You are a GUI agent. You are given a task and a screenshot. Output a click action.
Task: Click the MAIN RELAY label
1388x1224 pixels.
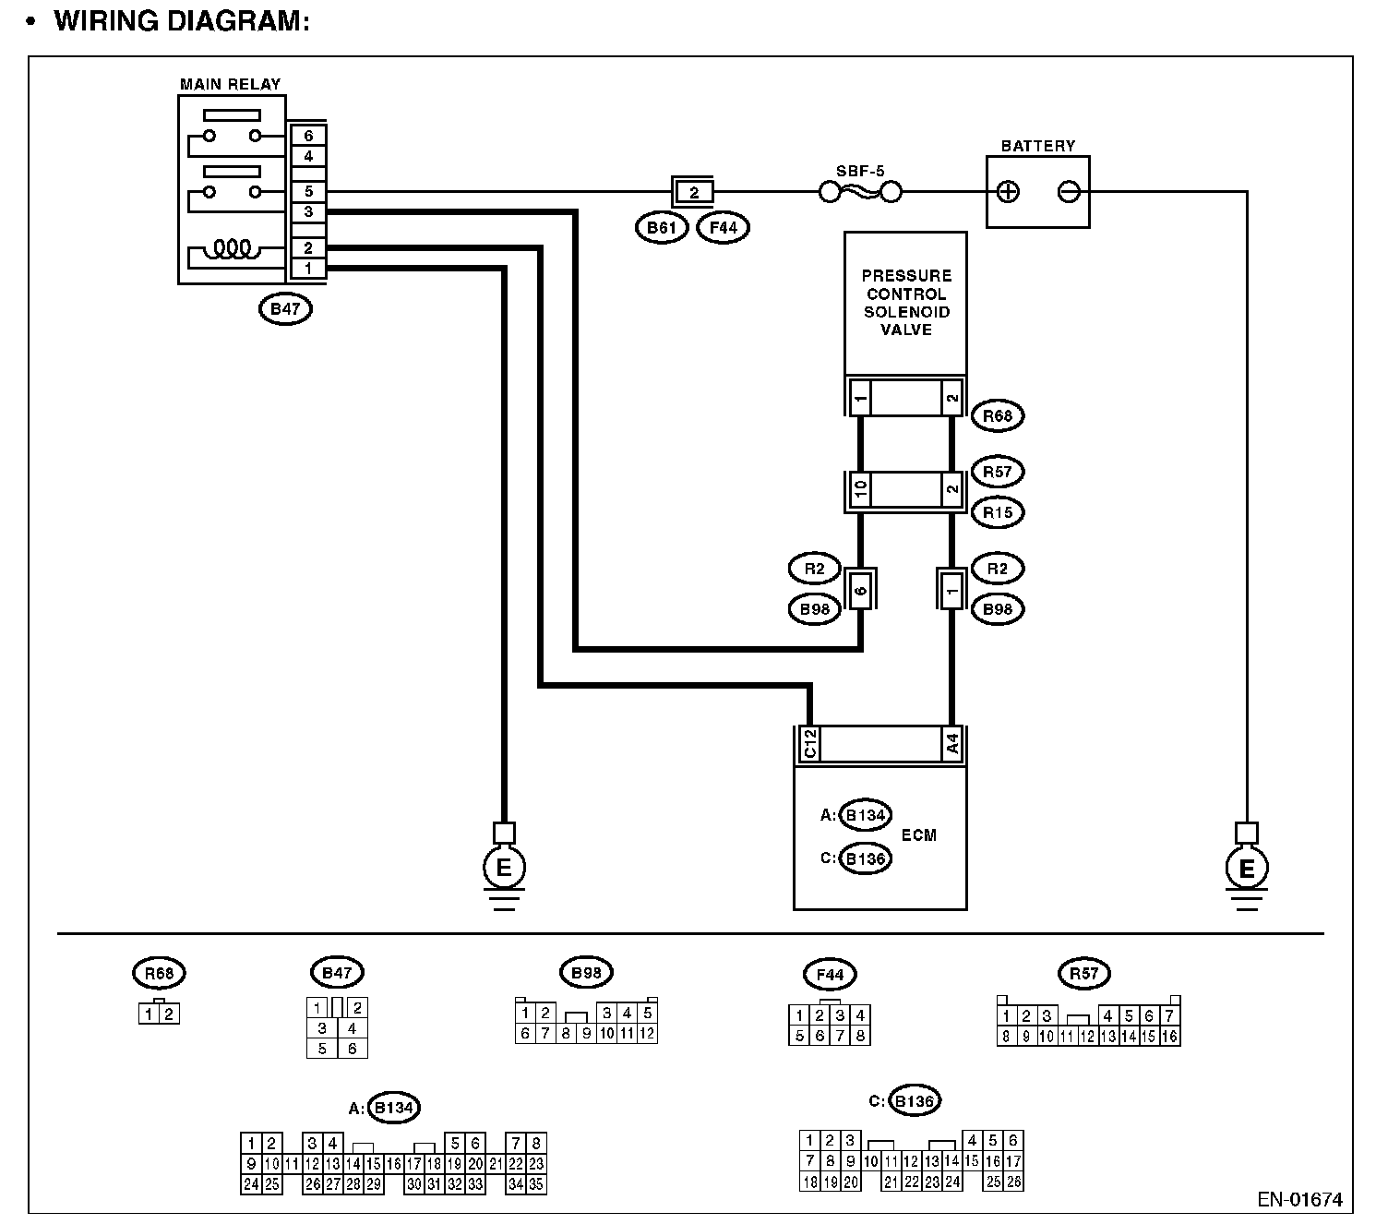point(230,84)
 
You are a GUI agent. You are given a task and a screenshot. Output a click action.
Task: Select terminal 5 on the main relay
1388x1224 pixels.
point(308,192)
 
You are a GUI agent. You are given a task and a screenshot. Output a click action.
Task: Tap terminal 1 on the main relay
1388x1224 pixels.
point(308,269)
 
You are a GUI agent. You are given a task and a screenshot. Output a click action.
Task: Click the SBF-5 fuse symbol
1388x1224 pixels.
point(860,192)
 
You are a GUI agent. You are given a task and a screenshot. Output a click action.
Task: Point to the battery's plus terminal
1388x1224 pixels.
point(1009,192)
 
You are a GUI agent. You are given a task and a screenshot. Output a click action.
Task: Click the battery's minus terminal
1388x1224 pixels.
point(1069,192)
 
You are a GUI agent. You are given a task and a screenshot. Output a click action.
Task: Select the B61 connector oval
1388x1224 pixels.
point(662,227)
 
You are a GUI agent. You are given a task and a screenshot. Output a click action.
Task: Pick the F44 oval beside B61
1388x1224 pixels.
point(723,227)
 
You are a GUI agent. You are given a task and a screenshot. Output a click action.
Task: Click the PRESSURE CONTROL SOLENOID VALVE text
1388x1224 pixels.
point(905,302)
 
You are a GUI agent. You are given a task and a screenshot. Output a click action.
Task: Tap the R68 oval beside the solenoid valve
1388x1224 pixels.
point(998,416)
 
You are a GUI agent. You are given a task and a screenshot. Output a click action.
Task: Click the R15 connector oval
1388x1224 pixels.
point(998,512)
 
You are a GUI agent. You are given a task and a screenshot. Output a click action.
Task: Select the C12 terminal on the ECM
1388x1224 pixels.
point(808,744)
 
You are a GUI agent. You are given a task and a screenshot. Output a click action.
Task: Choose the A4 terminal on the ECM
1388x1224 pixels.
point(951,744)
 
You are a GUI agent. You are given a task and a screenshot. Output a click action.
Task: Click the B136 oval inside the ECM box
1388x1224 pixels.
point(866,858)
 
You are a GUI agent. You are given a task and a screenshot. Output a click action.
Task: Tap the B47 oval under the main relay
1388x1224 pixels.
point(285,309)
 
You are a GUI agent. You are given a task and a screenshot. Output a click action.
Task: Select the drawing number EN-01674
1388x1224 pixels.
point(1299,1200)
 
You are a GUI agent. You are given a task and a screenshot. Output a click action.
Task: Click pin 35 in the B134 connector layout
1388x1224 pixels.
point(536,1184)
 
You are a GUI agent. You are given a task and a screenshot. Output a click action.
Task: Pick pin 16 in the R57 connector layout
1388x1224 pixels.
point(1169,1037)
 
